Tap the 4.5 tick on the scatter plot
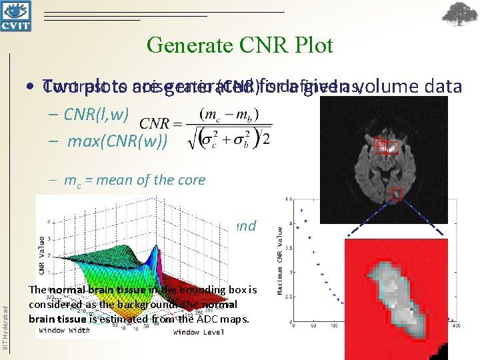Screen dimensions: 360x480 pos(286,199)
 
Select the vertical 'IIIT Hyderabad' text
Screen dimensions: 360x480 pos(5,327)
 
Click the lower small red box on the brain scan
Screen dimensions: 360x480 pos(396,194)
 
